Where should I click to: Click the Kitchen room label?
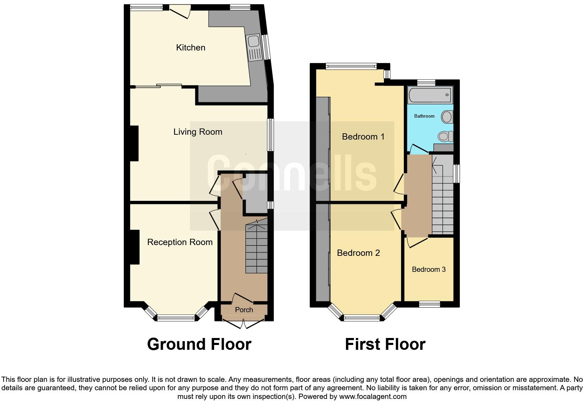[x=190, y=47]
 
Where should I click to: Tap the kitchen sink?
[x=254, y=47]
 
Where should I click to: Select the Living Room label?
[x=198, y=132]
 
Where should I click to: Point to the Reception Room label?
[x=180, y=242]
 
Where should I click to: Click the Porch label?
[x=244, y=309]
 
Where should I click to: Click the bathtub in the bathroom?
[x=430, y=94]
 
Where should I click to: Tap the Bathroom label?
[x=424, y=116]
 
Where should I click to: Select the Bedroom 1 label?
[x=363, y=136]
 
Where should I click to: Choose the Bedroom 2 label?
[x=358, y=253]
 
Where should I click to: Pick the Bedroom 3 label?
[x=429, y=269]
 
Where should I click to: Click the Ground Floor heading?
[x=199, y=344]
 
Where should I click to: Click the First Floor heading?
[x=385, y=344]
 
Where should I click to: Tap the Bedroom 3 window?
[x=429, y=304]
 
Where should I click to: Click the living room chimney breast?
[x=134, y=143]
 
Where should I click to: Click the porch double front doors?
[x=244, y=323]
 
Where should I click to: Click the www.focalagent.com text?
[x=372, y=396]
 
